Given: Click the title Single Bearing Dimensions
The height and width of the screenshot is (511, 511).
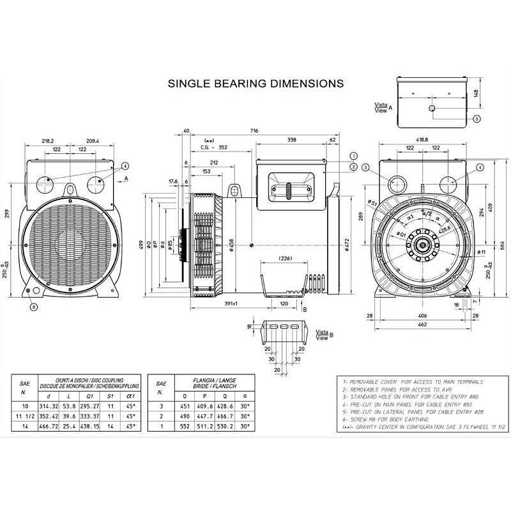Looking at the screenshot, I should (x=255, y=83).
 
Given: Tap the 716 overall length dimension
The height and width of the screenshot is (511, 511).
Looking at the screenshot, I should (x=254, y=131).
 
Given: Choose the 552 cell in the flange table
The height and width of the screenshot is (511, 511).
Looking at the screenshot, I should (x=185, y=425).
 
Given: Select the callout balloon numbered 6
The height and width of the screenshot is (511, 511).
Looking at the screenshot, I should (x=34, y=307).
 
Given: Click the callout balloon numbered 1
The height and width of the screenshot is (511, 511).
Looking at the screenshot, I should (x=353, y=156).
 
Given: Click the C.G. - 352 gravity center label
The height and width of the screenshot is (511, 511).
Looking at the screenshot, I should (x=215, y=146).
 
